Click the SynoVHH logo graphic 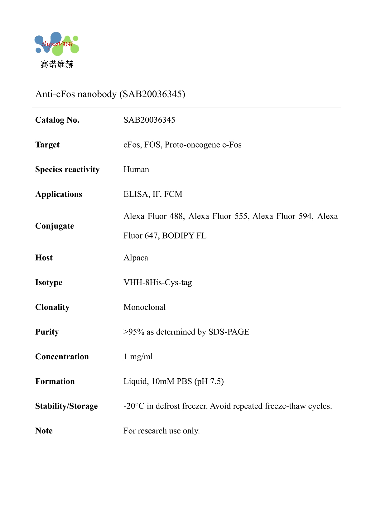[x=57, y=44]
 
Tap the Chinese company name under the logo [x=57, y=64]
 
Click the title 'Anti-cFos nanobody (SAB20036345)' [x=110, y=94]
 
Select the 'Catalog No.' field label [x=57, y=120]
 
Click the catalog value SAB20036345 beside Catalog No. [x=149, y=120]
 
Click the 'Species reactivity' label [x=67, y=170]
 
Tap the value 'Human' [x=136, y=170]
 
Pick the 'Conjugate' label [x=55, y=226]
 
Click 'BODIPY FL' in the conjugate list [x=184, y=236]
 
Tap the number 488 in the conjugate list [x=176, y=216]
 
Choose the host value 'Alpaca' [x=136, y=258]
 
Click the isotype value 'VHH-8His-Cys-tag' [x=158, y=283]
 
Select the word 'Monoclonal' [x=145, y=307]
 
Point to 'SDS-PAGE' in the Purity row [x=229, y=332]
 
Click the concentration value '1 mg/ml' [x=138, y=357]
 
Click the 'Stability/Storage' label [x=66, y=406]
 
